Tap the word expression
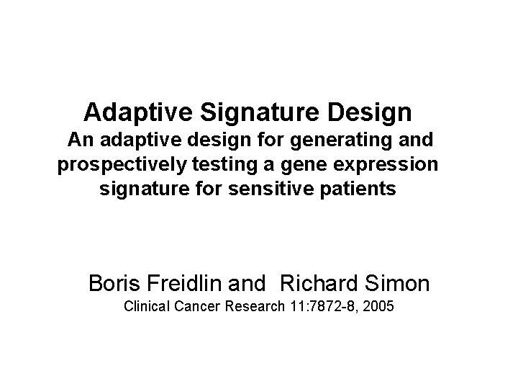click(x=385, y=164)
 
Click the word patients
click(x=360, y=190)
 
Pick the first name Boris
click(x=114, y=283)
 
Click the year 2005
click(x=379, y=307)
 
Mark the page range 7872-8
click(x=335, y=307)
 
